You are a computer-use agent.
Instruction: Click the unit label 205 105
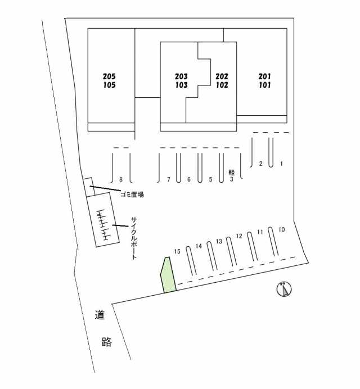[110, 81]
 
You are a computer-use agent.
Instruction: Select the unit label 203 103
[181, 81]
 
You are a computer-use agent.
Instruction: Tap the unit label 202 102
[222, 81]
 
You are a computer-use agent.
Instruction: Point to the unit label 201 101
[265, 81]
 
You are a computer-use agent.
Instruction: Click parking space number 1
[281, 164]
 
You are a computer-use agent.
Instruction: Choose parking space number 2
[260, 164]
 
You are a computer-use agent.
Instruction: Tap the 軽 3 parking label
[231, 177]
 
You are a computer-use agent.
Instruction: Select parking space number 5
[210, 180]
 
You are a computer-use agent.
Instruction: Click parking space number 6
[189, 180]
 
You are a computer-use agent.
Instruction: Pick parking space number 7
[168, 180]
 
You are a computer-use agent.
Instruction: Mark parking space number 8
[121, 180]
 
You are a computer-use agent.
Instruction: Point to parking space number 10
[282, 229]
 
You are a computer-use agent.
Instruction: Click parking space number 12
[238, 236]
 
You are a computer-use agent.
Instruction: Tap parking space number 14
[199, 246]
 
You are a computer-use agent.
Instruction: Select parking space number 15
[177, 251]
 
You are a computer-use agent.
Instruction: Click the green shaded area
[168, 276]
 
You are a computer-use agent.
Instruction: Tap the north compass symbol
[285, 290]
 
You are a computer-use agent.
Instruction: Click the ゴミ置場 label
[133, 194]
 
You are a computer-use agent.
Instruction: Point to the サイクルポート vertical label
[134, 238]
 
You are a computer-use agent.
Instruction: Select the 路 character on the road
[106, 342]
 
